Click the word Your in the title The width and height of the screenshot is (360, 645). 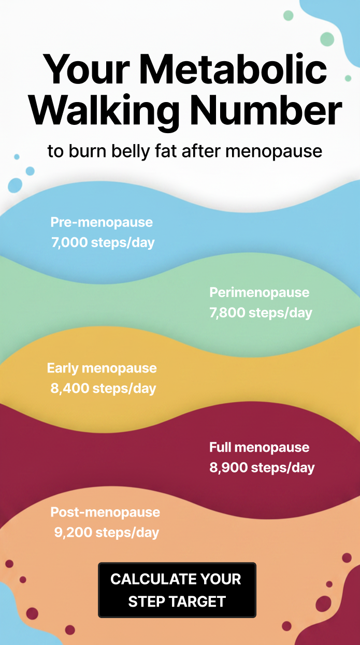coord(86,69)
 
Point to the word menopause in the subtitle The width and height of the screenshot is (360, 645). coord(273,151)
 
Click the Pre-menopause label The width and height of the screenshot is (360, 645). coord(102,222)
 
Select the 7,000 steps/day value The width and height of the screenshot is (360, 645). coord(103,242)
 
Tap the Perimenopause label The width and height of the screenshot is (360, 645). coord(259,293)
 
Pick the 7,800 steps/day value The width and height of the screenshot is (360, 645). coord(261,313)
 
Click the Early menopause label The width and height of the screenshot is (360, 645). coord(102,368)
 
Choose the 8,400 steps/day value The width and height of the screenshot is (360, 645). coord(103,389)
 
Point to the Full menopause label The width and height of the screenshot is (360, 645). coord(259,448)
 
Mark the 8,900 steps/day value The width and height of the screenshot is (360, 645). coord(262,468)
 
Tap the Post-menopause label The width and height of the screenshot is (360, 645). coord(105,512)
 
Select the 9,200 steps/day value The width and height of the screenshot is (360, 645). coord(107,533)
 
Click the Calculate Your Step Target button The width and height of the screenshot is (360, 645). coord(177,590)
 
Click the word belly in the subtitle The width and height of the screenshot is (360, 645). coord(131,151)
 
